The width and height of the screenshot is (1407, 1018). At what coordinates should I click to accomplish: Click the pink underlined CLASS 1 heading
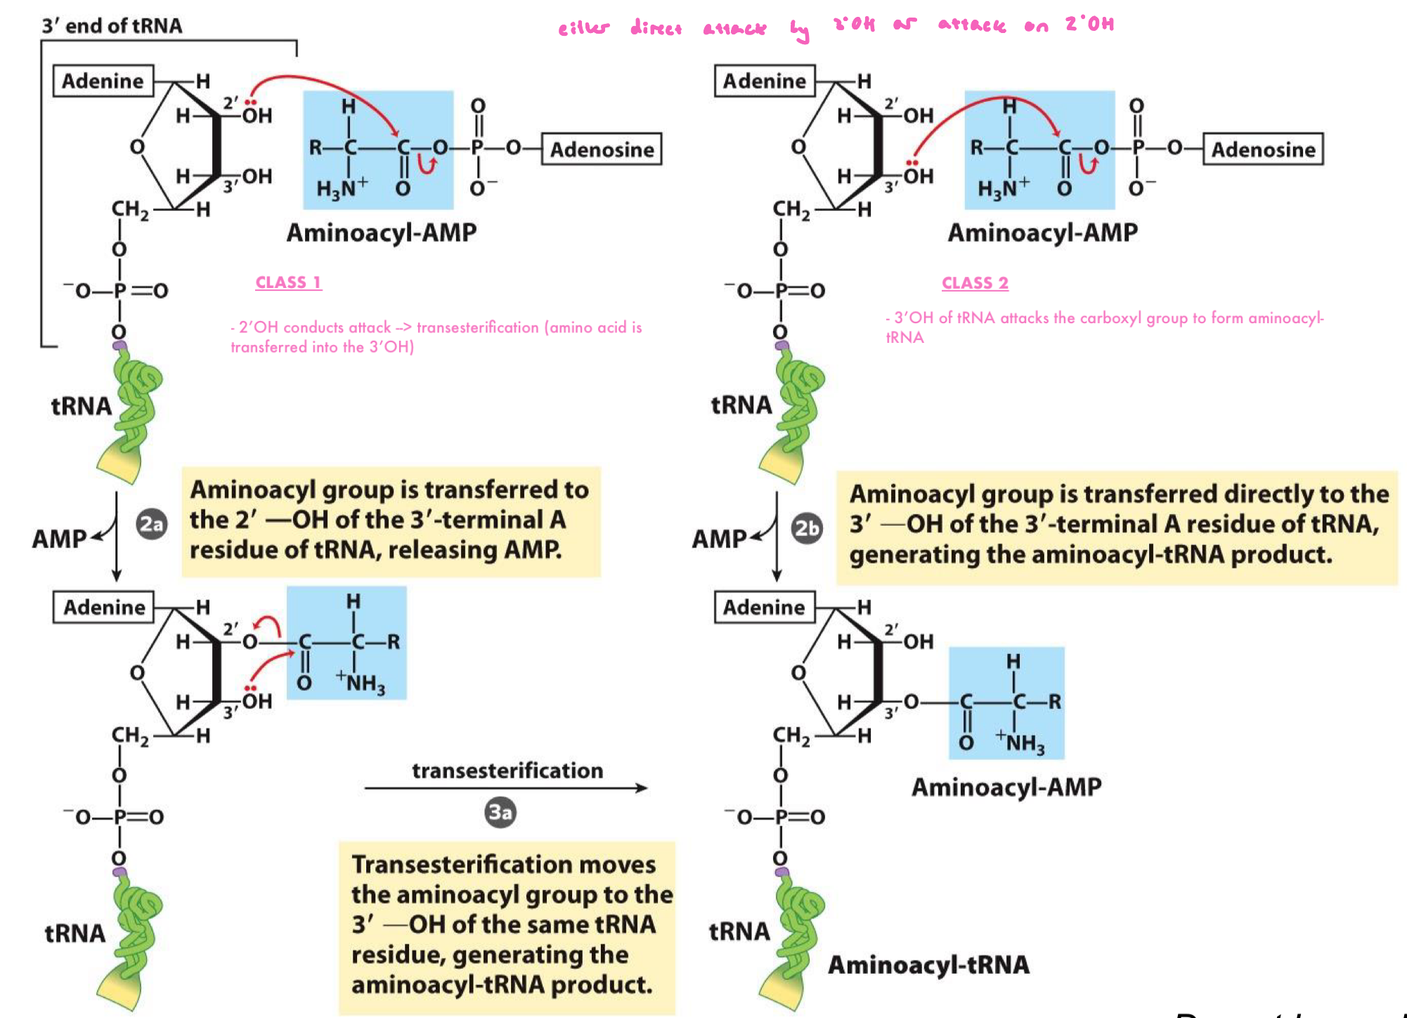(288, 282)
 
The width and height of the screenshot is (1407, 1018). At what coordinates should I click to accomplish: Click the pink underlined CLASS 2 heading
(975, 283)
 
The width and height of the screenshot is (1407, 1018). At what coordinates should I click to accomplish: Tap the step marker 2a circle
(151, 524)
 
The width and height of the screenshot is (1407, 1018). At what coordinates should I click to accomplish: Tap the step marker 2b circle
(807, 528)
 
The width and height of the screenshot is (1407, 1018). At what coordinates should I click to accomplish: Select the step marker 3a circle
(500, 813)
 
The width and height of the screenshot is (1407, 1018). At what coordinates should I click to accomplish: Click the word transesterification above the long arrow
(507, 771)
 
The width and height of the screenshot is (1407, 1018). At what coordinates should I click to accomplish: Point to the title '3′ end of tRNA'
(112, 26)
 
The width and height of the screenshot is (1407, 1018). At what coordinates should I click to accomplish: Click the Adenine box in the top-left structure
(103, 81)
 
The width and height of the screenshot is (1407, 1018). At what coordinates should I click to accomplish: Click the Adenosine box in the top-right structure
(1263, 150)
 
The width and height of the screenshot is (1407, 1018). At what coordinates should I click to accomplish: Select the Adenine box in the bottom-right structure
(764, 607)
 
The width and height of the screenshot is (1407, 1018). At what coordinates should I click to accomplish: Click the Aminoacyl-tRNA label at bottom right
(928, 965)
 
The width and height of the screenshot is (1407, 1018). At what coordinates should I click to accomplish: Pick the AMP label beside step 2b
(718, 539)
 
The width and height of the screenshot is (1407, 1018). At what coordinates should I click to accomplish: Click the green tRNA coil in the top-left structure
(137, 407)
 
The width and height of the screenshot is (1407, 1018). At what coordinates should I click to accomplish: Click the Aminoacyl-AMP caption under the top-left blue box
(381, 233)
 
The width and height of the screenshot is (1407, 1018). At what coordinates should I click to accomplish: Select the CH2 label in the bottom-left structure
(130, 736)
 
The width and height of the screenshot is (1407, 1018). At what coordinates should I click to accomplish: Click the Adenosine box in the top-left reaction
(602, 150)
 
